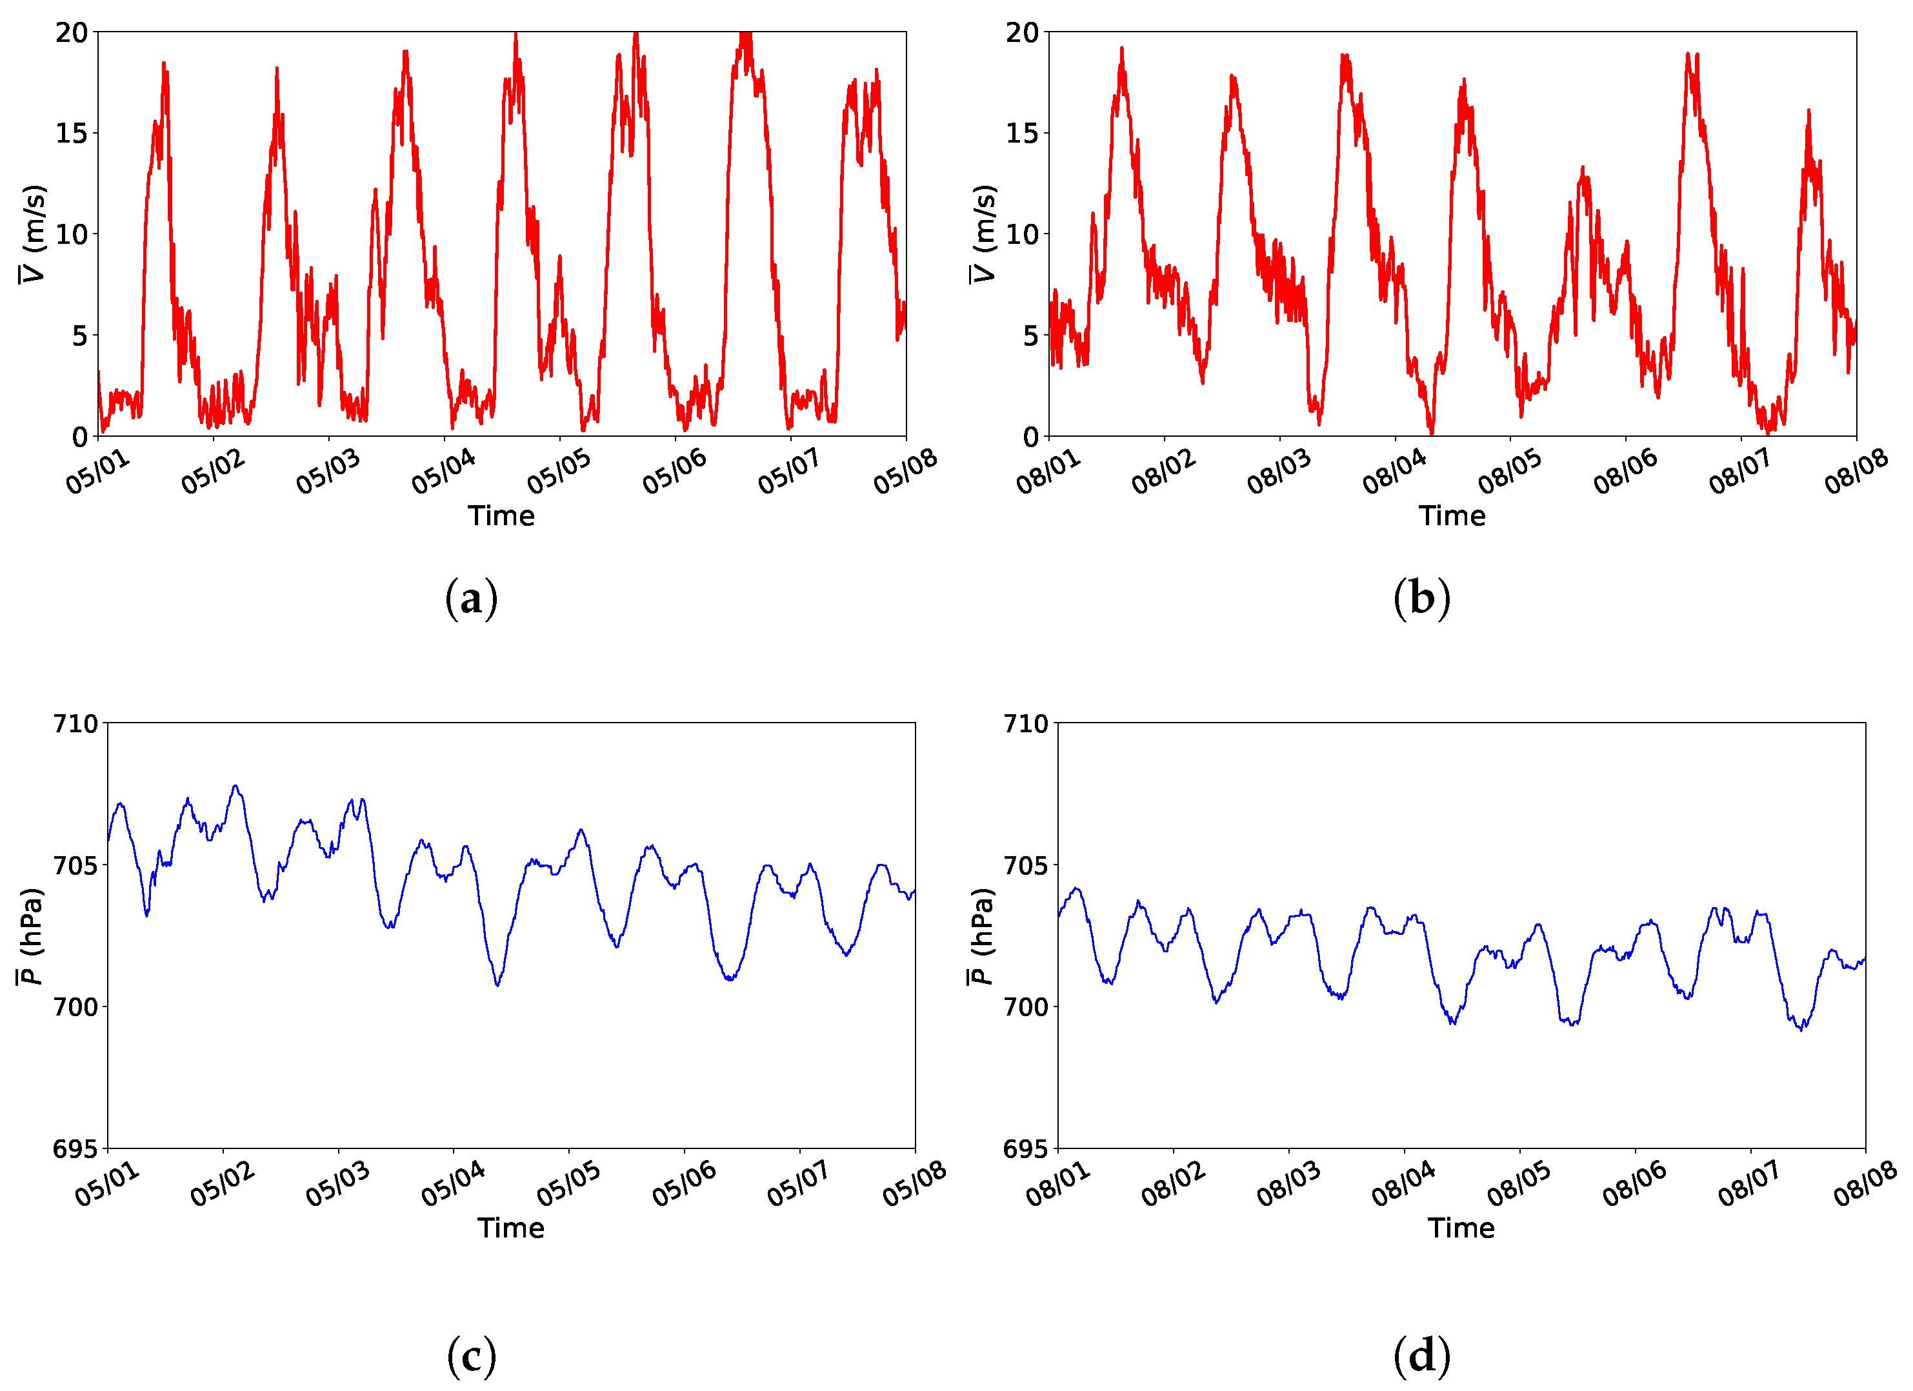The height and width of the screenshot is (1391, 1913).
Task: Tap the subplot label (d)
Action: coord(1421,1356)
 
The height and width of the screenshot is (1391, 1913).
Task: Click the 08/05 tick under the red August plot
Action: coord(1510,472)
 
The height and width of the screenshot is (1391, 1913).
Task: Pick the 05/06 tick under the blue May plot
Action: coord(683,1183)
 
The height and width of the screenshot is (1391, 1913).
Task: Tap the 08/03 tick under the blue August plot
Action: coord(1288,1183)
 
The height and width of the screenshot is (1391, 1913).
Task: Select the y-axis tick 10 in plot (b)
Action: coord(1021,234)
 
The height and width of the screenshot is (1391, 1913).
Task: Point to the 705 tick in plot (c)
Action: coord(76,865)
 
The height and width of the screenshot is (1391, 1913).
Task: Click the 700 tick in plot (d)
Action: coord(1026,1007)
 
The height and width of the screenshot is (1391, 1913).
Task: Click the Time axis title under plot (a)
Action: coord(501,516)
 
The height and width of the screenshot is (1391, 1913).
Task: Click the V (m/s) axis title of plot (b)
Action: coord(983,234)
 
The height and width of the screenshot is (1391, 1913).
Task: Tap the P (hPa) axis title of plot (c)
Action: coord(30,936)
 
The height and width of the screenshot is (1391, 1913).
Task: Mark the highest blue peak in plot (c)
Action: coord(235,786)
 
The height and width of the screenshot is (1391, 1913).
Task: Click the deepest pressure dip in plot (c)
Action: coord(497,985)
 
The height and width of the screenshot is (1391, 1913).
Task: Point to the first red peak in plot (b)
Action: coord(1122,49)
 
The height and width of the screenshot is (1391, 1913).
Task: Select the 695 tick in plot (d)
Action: coord(1026,1149)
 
